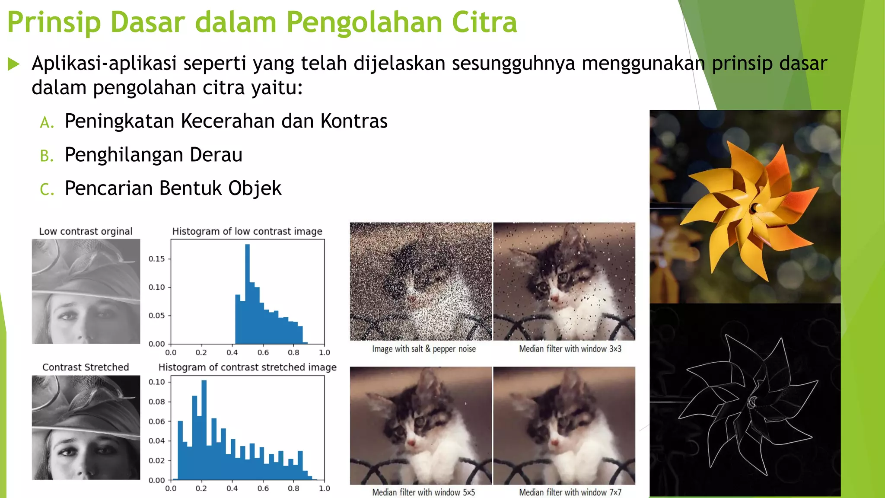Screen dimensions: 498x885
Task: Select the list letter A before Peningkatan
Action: point(47,123)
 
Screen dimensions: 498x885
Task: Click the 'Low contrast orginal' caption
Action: point(86,231)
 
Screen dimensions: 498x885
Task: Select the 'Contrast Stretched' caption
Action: point(86,367)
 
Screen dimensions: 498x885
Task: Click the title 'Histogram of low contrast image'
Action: point(247,231)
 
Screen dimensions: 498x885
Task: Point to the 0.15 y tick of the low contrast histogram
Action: point(156,259)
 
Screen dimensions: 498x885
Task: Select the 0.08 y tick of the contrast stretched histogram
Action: point(156,402)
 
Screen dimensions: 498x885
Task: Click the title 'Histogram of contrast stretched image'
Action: point(247,367)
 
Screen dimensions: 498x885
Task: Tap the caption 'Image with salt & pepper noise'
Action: point(423,349)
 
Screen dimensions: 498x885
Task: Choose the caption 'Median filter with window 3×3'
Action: point(570,349)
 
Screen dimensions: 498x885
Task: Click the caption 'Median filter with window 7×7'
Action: point(570,492)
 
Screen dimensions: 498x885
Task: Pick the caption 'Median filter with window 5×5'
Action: point(423,492)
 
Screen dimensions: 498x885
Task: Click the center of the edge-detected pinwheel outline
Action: point(753,402)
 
